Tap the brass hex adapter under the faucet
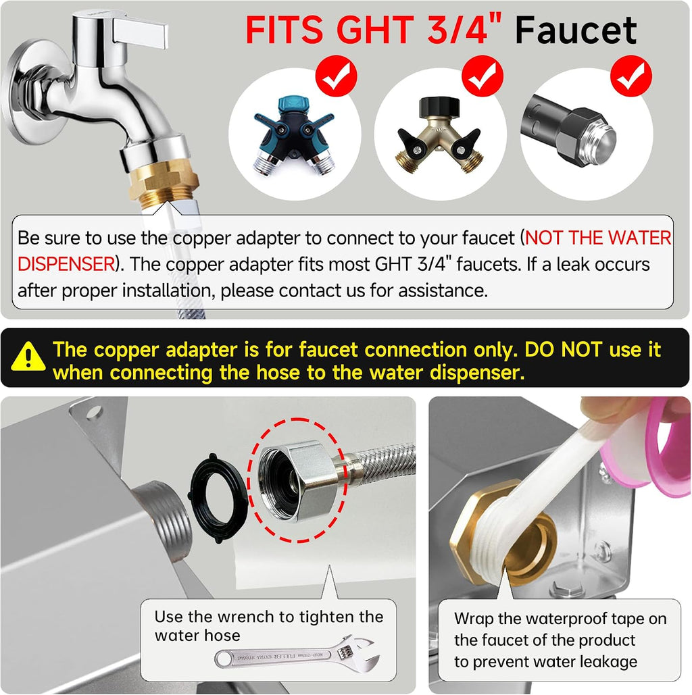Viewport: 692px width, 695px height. [164, 181]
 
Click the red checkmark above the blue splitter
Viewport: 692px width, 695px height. [337, 76]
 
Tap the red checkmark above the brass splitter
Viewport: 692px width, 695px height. [483, 76]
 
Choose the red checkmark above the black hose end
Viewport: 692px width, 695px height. [631, 76]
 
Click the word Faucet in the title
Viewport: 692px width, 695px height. [576, 30]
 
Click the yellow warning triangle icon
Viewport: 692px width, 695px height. [28, 356]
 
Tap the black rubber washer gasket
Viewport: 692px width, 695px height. [218, 498]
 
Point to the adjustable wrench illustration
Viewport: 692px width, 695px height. [298, 655]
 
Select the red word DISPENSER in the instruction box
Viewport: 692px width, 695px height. [66, 264]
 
